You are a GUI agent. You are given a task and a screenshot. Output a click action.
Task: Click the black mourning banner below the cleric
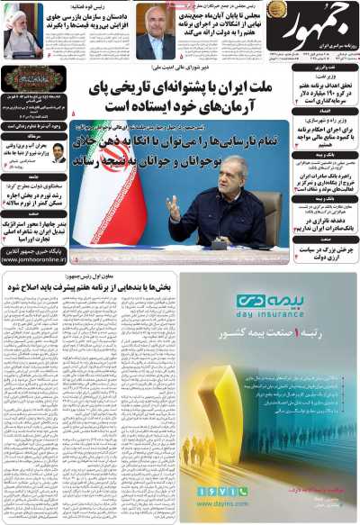[x=32, y=77]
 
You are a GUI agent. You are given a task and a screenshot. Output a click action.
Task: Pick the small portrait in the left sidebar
[x=58, y=152]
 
